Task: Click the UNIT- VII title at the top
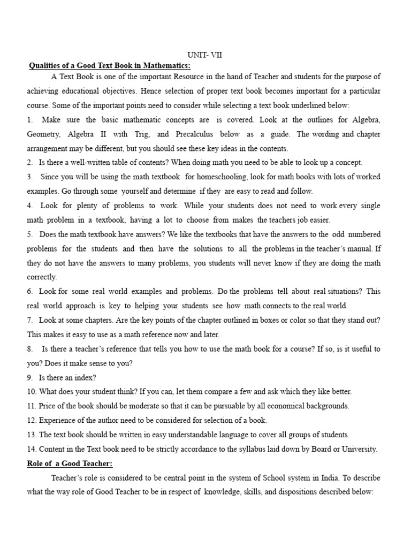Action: [x=204, y=55]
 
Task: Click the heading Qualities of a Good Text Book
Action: [x=109, y=66]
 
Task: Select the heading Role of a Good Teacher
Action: [x=70, y=463]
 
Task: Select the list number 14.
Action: [x=32, y=449]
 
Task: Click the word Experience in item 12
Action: [x=58, y=421]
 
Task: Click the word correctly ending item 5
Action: [x=41, y=277]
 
